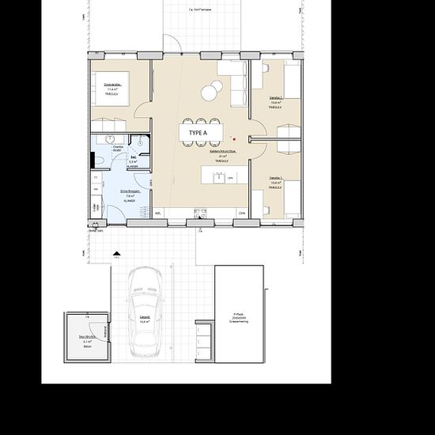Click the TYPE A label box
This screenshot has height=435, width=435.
[199, 133]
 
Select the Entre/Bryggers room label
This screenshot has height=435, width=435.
[130, 194]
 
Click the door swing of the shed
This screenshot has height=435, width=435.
[100, 331]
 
